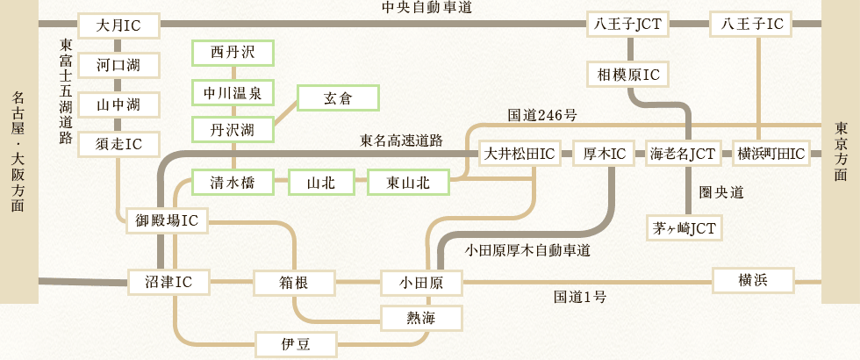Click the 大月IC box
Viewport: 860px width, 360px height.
(118, 25)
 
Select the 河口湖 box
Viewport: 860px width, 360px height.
(118, 65)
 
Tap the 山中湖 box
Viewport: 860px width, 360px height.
(118, 104)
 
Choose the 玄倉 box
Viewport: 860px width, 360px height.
(338, 98)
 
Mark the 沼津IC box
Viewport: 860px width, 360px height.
(167, 283)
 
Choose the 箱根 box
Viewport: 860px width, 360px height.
(294, 283)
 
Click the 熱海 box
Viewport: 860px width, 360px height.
(420, 316)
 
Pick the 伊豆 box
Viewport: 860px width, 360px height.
(294, 343)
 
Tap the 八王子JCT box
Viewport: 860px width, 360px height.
(628, 25)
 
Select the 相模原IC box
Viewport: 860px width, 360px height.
(628, 74)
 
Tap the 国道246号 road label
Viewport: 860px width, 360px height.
(541, 115)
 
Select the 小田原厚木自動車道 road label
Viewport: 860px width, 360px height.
(527, 250)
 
